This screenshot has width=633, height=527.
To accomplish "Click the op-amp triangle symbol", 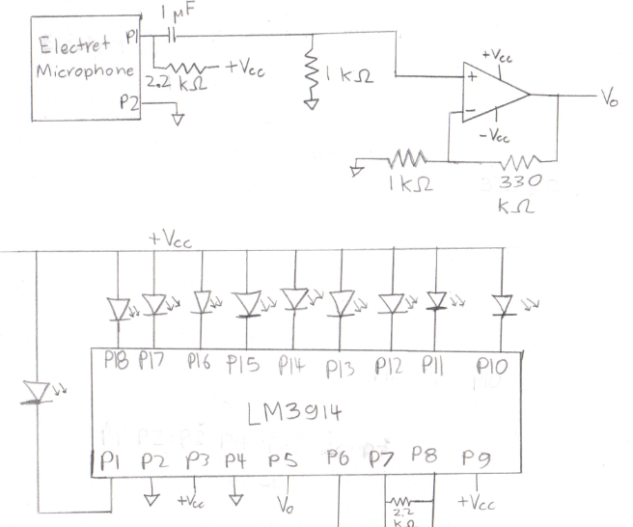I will (x=492, y=95).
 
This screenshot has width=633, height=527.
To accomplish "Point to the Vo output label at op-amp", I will (x=609, y=98).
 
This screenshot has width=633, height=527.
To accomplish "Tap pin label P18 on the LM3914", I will (x=117, y=362).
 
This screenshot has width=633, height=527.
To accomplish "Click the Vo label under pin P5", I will (x=285, y=505).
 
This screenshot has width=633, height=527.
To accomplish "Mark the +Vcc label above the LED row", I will (x=171, y=238).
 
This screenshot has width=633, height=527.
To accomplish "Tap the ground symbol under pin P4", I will (x=236, y=500).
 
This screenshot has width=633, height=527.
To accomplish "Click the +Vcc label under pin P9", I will (x=476, y=503).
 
